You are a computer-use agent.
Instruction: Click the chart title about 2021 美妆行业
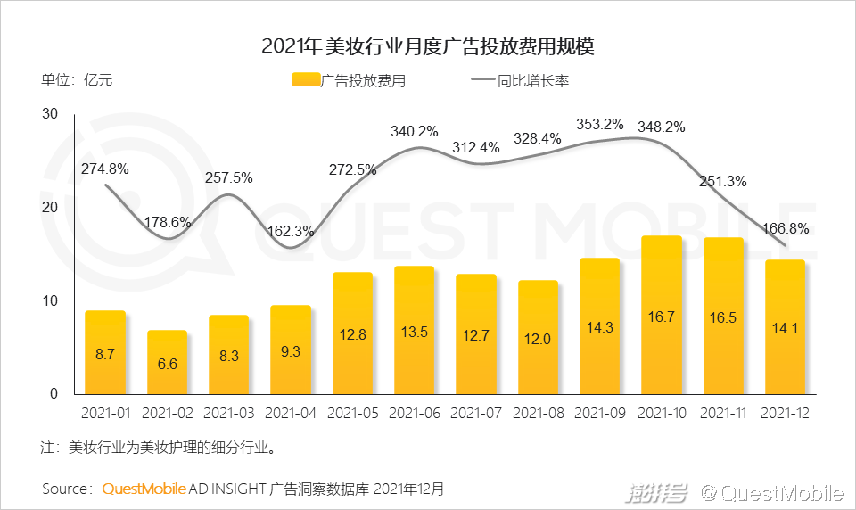pyautogui.click(x=428, y=46)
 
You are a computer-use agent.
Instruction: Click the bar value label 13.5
pyautogui.click(x=415, y=332)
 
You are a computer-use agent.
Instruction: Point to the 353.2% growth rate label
pyautogui.click(x=600, y=124)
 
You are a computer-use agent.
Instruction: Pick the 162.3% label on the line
pyautogui.click(x=291, y=231)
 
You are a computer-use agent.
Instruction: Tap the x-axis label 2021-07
pyautogui.click(x=476, y=414)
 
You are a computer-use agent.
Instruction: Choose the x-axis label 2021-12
pyautogui.click(x=786, y=414)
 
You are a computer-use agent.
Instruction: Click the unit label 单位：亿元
pyautogui.click(x=77, y=80)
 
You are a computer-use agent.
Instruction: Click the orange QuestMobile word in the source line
pyautogui.click(x=144, y=489)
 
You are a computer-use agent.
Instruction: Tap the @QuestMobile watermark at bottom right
pyautogui.click(x=771, y=493)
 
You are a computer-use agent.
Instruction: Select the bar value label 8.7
pyautogui.click(x=105, y=354)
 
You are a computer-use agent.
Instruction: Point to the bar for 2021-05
pyautogui.click(x=352, y=333)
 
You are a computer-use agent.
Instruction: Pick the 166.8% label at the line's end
pyautogui.click(x=786, y=229)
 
